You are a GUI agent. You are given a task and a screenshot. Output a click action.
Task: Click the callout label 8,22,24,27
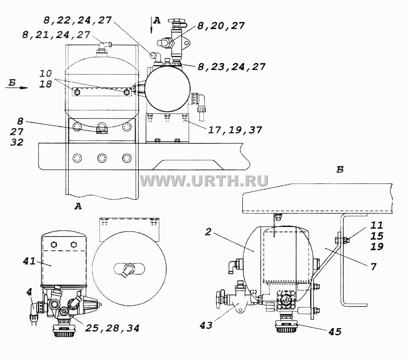(x=78, y=20)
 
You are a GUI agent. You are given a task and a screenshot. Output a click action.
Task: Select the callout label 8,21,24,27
(x=56, y=35)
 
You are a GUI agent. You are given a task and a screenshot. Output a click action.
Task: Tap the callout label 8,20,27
(x=221, y=26)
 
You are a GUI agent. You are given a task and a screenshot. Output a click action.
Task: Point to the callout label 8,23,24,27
(x=232, y=67)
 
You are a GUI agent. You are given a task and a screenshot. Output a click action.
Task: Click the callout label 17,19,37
(x=235, y=130)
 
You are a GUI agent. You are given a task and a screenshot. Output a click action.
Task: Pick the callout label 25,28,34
(x=112, y=328)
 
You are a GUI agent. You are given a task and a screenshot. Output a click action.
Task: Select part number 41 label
(x=29, y=261)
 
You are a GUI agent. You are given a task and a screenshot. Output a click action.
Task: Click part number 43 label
(x=206, y=325)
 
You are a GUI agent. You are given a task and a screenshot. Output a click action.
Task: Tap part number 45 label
(x=335, y=332)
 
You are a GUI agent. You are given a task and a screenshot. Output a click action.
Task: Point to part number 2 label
(x=208, y=232)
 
